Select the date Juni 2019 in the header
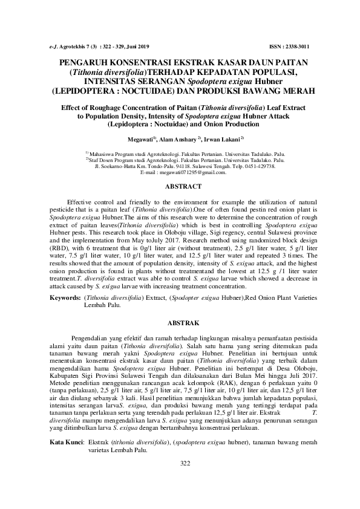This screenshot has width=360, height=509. pos(143,47)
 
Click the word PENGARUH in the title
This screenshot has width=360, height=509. pos(85,62)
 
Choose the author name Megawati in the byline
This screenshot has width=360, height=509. pos(137,138)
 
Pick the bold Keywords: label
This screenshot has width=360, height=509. pos(65,298)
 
